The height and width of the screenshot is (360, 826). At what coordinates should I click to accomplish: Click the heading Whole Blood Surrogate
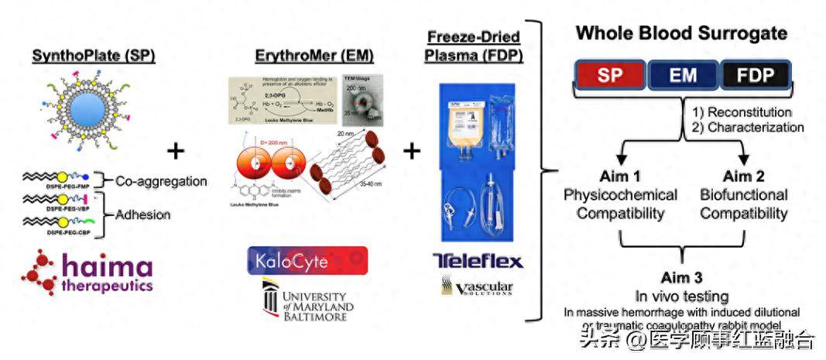tap(681, 34)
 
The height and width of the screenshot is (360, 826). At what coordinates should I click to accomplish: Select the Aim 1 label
tap(620, 176)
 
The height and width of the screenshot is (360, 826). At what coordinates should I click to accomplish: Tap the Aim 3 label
tap(682, 279)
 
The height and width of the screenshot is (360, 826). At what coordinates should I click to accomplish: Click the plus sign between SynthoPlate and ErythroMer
tap(177, 150)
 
